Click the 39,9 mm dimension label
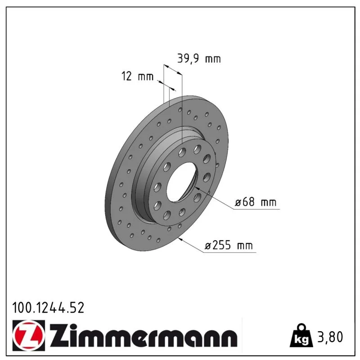click(199, 58)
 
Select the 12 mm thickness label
click(138, 76)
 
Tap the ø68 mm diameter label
click(256, 202)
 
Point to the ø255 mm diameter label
click(229, 245)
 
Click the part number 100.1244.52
click(48, 308)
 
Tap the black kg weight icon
click(301, 336)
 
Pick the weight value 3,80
click(329, 337)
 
